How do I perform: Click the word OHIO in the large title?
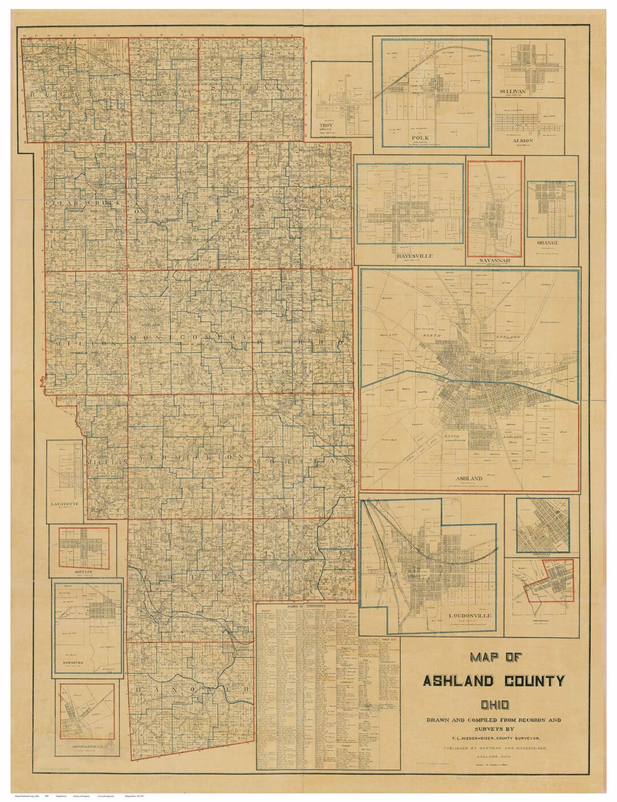494,699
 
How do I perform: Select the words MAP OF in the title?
494,657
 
